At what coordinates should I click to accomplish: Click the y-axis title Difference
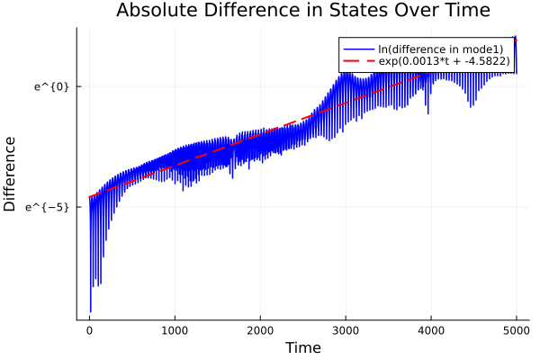(11, 174)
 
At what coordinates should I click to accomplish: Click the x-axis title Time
(302, 347)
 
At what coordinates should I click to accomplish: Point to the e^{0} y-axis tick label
(51, 87)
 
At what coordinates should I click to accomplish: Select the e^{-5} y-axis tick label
(47, 207)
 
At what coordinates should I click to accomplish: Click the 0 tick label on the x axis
(89, 329)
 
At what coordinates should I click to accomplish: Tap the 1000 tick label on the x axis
(175, 329)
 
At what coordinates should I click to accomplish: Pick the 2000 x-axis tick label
(260, 329)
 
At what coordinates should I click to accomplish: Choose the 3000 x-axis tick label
(346, 329)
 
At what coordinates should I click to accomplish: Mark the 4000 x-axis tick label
(431, 329)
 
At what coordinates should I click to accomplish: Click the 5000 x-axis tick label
(516, 329)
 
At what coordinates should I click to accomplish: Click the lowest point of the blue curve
(90, 311)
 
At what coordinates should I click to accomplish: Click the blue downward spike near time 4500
(472, 106)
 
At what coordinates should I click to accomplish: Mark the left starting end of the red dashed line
(89, 197)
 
